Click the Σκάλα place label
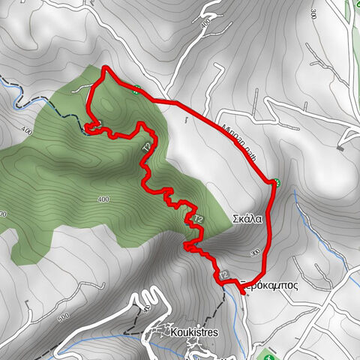[247, 219]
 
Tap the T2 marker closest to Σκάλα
[197, 218]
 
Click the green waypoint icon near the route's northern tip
[135, 91]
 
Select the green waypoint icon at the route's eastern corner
[276, 182]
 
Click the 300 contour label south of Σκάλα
[255, 253]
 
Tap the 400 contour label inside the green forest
[103, 199]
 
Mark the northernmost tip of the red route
[105, 68]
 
